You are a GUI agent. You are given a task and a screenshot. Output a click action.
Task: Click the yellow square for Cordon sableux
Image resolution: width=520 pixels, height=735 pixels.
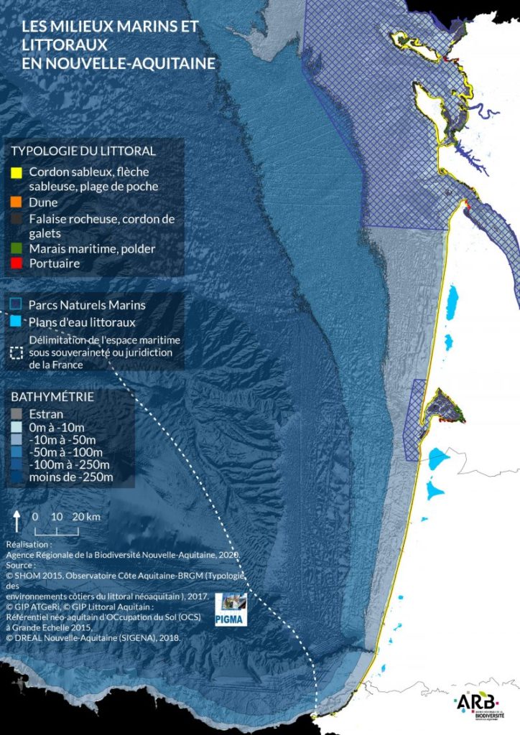(x=16, y=173)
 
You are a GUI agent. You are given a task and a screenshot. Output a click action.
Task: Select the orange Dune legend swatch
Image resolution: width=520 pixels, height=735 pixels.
(x=16, y=202)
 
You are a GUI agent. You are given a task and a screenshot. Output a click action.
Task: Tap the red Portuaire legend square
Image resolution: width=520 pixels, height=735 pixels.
(x=16, y=263)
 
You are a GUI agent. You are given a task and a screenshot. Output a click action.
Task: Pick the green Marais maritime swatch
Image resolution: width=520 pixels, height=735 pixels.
(x=16, y=248)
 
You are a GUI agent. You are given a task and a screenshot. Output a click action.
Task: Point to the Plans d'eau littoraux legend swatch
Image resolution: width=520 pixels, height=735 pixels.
(x=16, y=322)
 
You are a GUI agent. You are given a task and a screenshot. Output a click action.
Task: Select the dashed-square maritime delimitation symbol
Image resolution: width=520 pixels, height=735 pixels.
(x=16, y=352)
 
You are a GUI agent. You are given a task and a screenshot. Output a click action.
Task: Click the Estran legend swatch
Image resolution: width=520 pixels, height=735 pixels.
(x=16, y=414)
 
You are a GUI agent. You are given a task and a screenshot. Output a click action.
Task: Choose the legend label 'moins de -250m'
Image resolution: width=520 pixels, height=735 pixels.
(x=71, y=477)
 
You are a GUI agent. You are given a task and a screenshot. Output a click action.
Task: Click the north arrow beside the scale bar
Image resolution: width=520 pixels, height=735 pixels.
(x=17, y=520)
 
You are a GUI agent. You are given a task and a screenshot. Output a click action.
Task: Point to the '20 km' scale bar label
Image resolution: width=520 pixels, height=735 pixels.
(x=86, y=517)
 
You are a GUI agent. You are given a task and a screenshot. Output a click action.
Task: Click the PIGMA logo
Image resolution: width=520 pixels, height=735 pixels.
(x=231, y=610)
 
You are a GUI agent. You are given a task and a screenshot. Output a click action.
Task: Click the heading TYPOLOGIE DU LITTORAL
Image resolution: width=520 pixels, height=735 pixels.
(x=83, y=151)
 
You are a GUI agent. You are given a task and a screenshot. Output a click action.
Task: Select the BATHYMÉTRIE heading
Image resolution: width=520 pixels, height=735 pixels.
(x=52, y=396)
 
